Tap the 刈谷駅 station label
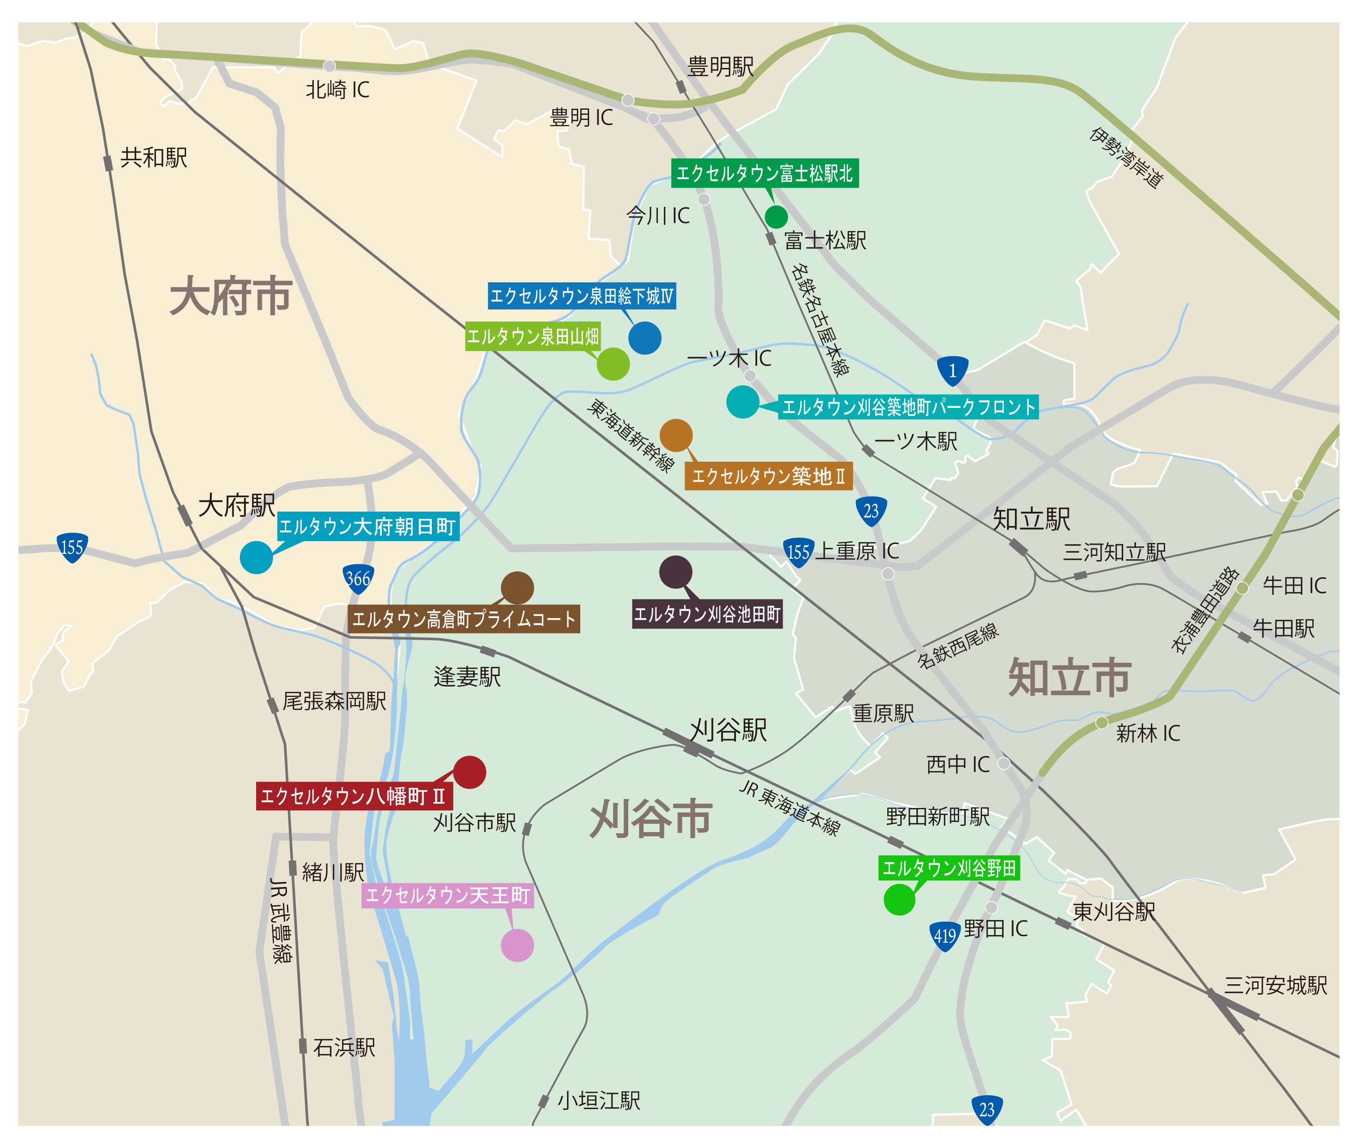(x=728, y=730)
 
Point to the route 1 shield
(x=952, y=371)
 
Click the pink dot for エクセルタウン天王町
(x=517, y=945)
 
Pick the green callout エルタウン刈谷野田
(x=949, y=868)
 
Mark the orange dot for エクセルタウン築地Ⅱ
(x=676, y=435)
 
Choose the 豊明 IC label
(x=581, y=118)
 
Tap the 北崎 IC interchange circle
(x=330, y=66)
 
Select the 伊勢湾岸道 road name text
(x=1127, y=158)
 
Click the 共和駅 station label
(x=154, y=158)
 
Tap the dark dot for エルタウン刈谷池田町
(x=675, y=572)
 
